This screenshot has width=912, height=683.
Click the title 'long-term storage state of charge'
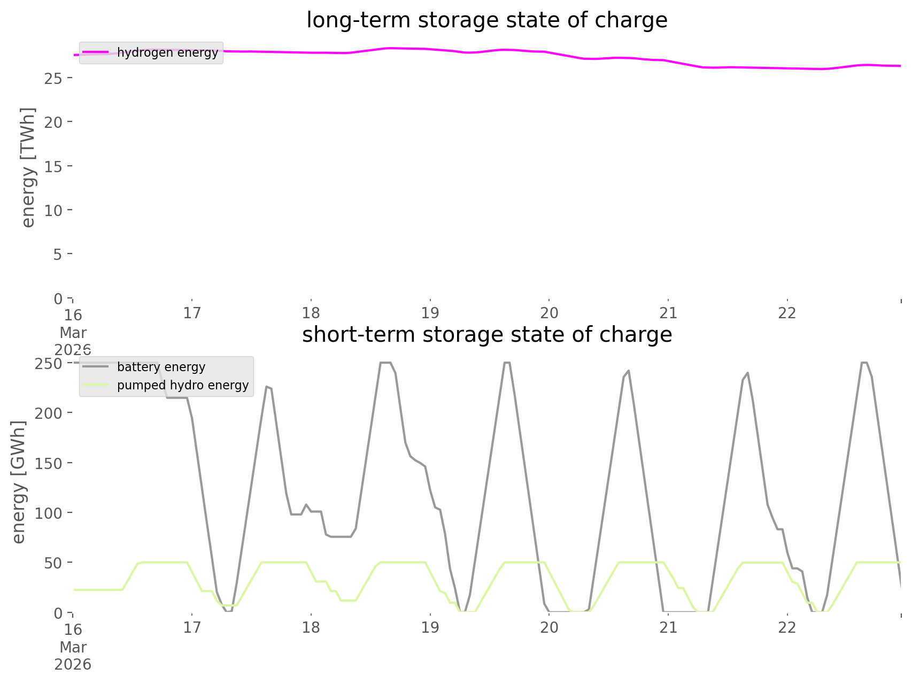point(486,20)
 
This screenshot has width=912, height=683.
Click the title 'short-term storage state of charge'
point(486,335)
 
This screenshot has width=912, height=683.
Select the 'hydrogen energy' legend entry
point(167,52)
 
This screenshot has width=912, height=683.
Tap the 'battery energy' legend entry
point(161,367)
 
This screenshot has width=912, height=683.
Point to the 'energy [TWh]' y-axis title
point(28,167)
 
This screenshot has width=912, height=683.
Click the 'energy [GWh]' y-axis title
point(19,482)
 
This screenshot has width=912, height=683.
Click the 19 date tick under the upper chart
point(430,313)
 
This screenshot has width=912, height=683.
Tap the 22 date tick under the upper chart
point(787,313)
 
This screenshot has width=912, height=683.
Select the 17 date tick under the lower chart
point(191,627)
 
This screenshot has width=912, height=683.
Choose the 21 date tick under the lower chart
point(668,627)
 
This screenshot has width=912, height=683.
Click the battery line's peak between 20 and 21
point(628,371)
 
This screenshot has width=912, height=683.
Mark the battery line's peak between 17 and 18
point(267,387)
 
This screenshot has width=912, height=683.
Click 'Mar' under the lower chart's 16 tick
point(73,647)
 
